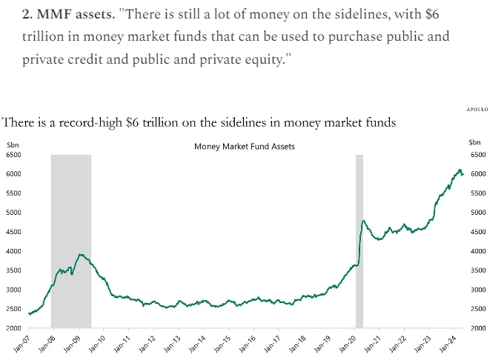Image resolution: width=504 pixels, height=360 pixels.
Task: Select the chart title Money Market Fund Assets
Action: (x=245, y=147)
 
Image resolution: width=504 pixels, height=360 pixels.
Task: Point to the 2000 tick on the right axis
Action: (x=477, y=328)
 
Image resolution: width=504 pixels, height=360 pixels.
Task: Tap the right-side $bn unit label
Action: (x=475, y=142)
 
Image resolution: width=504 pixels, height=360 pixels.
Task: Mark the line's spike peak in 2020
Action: (x=364, y=221)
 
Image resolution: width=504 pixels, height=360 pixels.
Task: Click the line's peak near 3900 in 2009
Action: (x=80, y=255)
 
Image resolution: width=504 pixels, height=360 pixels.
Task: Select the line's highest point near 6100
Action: (x=460, y=170)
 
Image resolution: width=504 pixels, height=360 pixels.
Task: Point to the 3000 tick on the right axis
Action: (x=477, y=290)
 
